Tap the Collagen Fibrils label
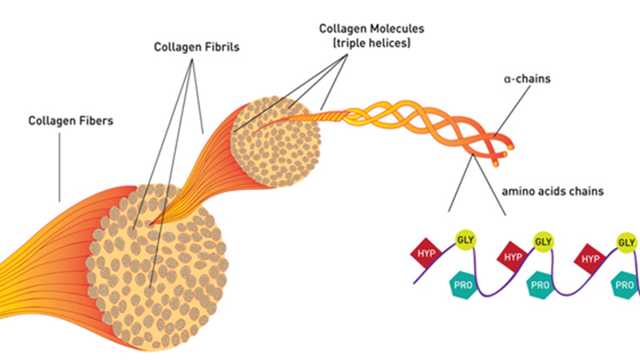[x=197, y=47]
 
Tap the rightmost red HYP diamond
[x=590, y=258]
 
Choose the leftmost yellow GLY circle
[x=463, y=238]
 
